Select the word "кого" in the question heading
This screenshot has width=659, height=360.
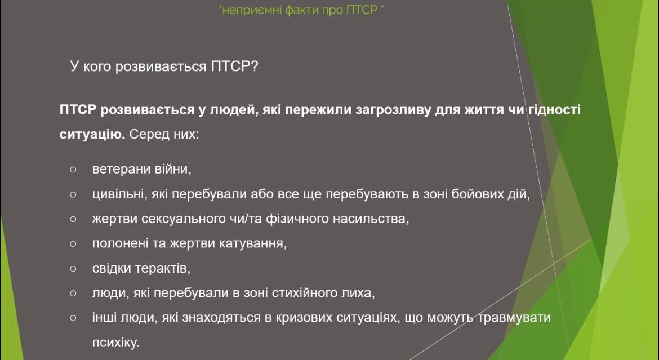pyautogui.click(x=97, y=66)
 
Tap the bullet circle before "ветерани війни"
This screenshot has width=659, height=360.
pyautogui.click(x=73, y=170)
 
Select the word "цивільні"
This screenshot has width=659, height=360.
pyautogui.click(x=118, y=194)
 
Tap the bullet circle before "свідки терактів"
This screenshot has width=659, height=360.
pyautogui.click(x=73, y=268)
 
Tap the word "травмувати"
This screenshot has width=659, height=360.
pyautogui.click(x=514, y=318)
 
